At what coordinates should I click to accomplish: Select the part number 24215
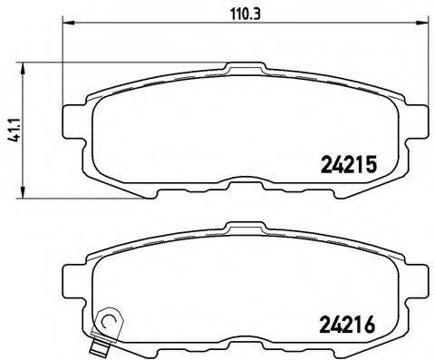click(x=348, y=165)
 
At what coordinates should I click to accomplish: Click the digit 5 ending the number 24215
click(x=370, y=165)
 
